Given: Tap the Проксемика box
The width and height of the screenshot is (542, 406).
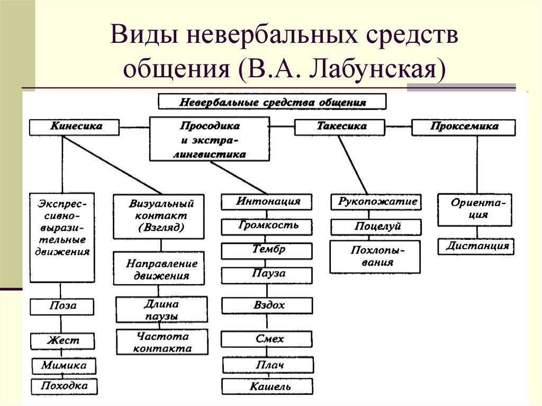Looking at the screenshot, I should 463,127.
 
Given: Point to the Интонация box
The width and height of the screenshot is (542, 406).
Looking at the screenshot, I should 268,202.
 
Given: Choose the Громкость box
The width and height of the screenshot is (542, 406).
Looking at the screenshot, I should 268,226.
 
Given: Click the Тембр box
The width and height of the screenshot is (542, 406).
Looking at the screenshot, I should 268,250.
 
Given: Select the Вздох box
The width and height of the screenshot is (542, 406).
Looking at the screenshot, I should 268,305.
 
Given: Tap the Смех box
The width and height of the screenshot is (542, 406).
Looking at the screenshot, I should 268,339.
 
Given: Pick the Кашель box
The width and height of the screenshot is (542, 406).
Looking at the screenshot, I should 268,387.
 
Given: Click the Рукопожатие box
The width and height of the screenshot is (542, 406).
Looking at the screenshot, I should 377,202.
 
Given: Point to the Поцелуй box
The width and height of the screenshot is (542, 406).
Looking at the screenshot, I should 377,227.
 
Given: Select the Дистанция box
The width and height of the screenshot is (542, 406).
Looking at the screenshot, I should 476,246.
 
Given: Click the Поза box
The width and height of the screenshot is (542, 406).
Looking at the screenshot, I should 62,306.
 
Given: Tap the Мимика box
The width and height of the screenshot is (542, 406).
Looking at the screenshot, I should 64,366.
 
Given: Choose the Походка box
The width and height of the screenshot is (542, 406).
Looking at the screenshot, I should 65,386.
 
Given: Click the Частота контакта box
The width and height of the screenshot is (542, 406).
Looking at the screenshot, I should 162,342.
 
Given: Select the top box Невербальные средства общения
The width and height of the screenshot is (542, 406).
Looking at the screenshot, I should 272,102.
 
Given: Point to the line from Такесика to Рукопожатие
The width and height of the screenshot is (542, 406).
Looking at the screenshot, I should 353,164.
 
